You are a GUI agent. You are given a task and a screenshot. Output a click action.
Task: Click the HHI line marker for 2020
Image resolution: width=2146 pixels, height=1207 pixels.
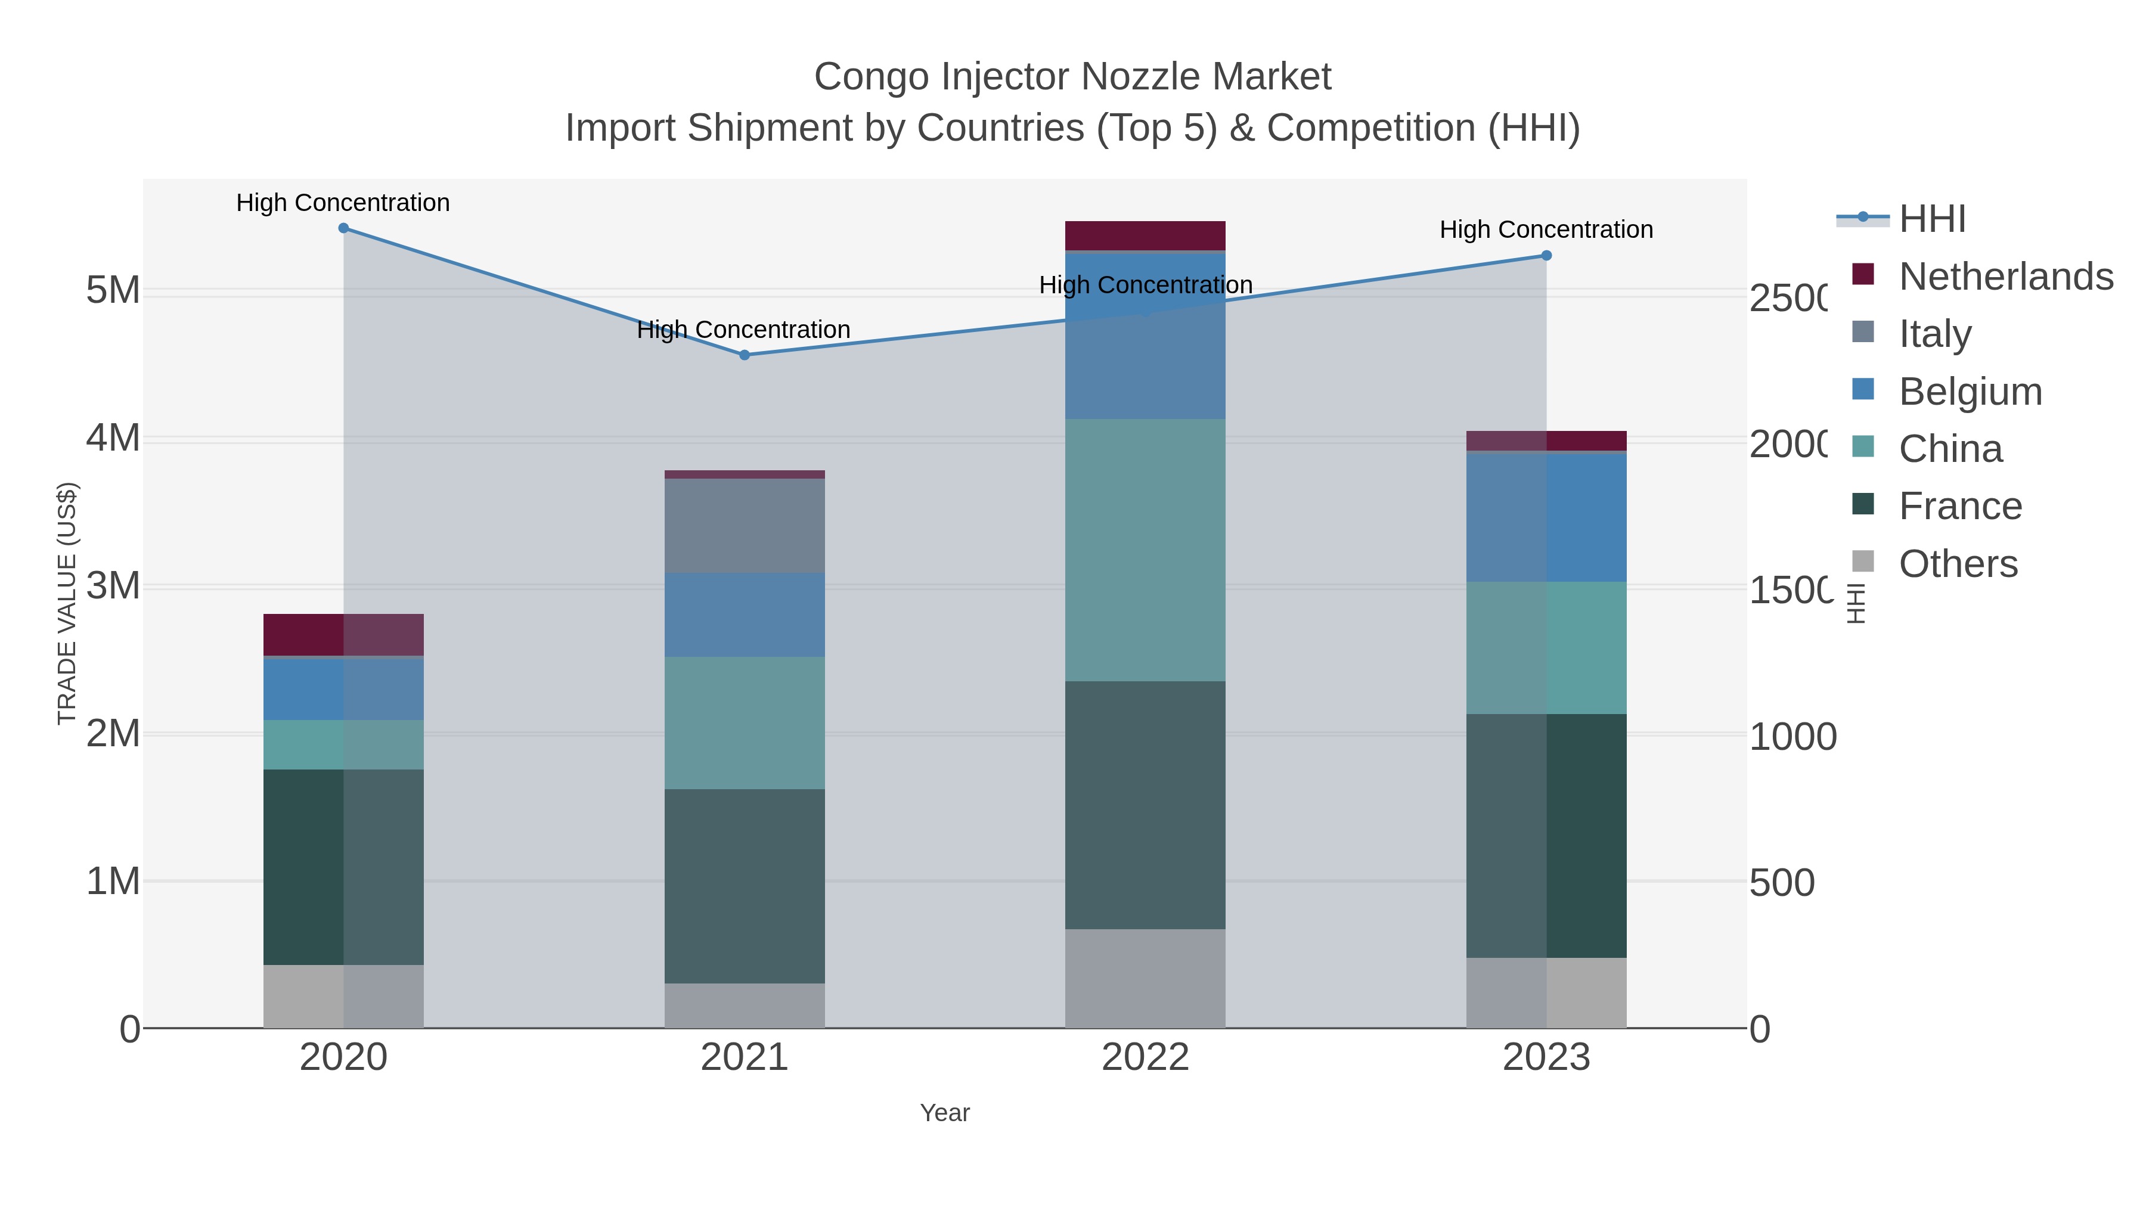coord(343,228)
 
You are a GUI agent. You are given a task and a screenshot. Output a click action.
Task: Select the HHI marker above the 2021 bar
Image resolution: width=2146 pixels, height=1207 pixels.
coord(745,355)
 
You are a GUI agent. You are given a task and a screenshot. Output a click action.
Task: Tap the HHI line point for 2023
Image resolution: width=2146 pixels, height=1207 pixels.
coord(1546,256)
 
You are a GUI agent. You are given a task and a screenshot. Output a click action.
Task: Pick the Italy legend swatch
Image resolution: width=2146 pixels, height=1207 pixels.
coord(1863,333)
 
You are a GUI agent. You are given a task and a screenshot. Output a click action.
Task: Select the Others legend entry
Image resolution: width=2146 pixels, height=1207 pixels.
coord(1958,564)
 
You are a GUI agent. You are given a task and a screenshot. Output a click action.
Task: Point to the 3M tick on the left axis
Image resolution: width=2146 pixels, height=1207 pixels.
coord(113,587)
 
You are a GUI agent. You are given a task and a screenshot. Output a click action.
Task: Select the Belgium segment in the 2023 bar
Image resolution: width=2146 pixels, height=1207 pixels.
coord(1546,516)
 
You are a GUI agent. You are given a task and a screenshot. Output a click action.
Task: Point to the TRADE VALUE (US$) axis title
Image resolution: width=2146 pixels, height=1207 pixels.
coord(67,603)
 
